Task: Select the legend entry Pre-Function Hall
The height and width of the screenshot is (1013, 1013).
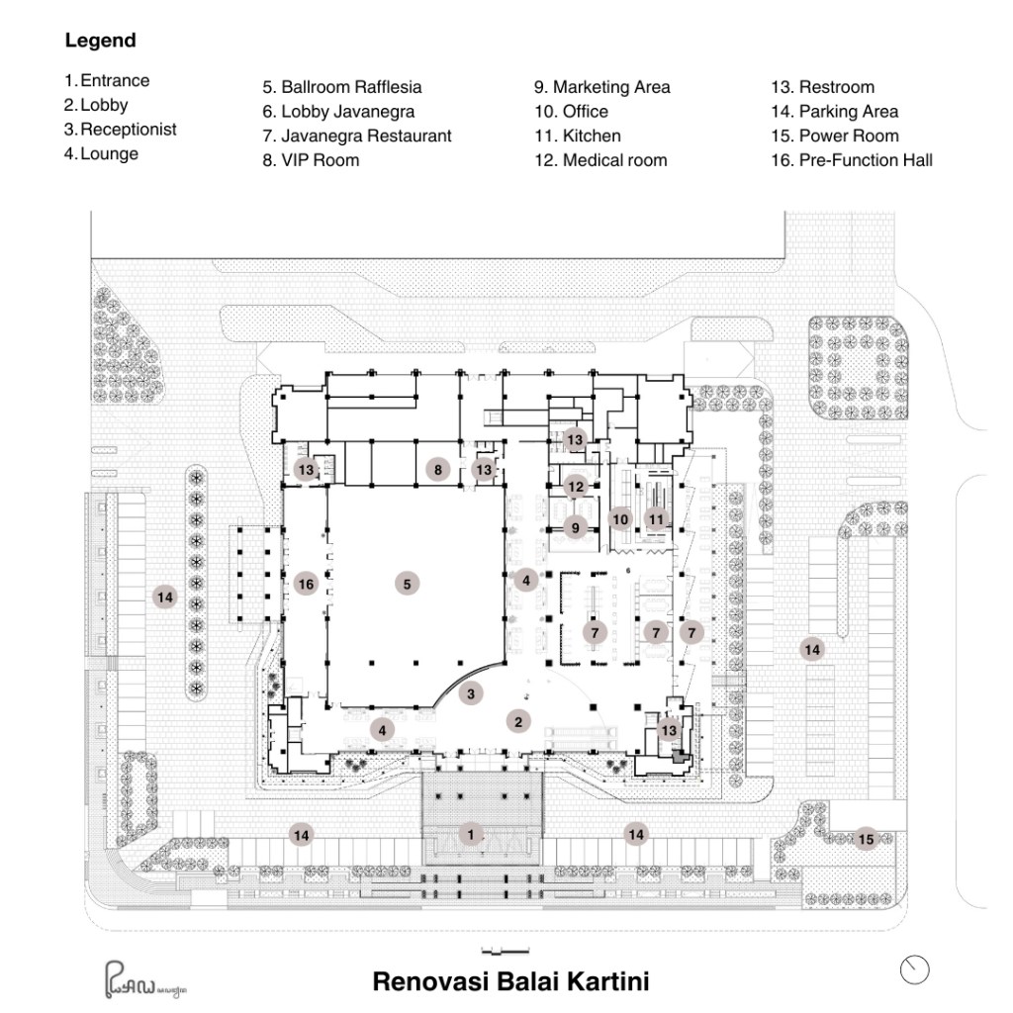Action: click(x=851, y=160)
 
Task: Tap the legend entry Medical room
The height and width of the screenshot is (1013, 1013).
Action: click(x=600, y=160)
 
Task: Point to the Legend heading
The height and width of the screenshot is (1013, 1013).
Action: click(x=100, y=42)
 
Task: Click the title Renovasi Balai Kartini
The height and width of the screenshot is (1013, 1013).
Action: click(x=510, y=982)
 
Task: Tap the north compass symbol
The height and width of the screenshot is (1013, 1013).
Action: click(x=915, y=969)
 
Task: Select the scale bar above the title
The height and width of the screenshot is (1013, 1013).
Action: click(x=504, y=952)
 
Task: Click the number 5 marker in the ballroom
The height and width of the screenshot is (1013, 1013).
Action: click(x=407, y=584)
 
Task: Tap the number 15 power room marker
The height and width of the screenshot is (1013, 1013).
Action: click(x=866, y=839)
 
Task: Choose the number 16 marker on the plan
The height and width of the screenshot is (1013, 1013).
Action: click(x=306, y=585)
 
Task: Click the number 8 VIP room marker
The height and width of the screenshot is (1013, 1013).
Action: click(x=437, y=469)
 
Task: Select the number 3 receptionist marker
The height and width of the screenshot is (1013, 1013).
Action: click(x=472, y=693)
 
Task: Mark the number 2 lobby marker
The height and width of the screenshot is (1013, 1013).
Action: click(x=517, y=721)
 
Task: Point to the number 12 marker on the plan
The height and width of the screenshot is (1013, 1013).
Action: click(x=576, y=486)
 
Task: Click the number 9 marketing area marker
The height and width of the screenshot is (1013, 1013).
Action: click(x=576, y=528)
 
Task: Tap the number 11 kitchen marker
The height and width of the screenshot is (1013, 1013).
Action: click(x=656, y=518)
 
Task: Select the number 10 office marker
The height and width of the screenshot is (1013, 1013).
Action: click(x=620, y=518)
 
